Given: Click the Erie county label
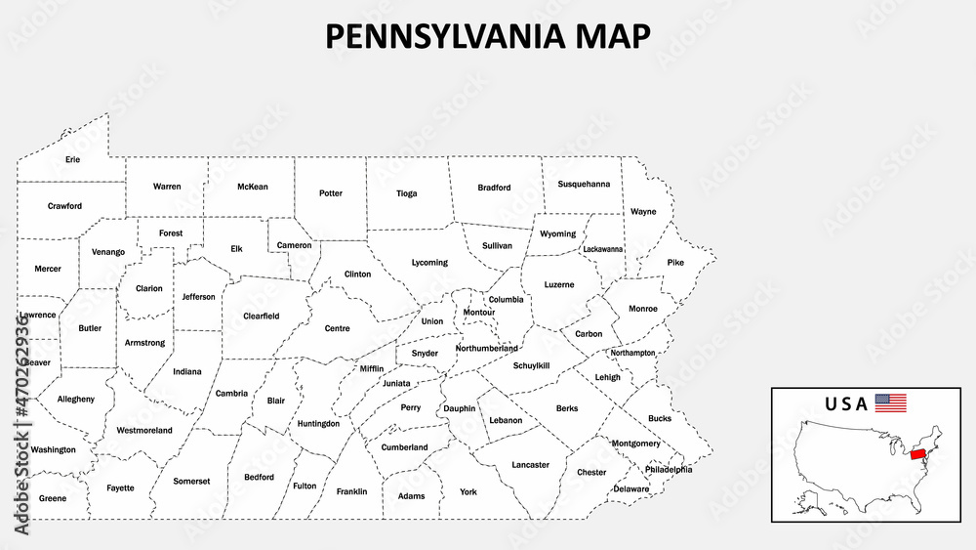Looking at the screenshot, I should point(73,159).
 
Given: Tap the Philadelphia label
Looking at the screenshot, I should point(669,470).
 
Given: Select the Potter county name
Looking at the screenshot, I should point(331,193).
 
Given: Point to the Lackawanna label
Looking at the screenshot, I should point(602,249).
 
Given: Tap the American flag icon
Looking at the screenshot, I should point(890,402).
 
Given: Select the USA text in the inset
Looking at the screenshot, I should point(846,403).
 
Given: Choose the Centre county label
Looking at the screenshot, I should point(337,328).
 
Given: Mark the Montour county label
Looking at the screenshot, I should point(479,313).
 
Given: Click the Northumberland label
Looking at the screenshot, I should point(486,348).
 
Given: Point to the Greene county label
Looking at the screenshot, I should point(53,498).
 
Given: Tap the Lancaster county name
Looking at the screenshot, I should point(530,465).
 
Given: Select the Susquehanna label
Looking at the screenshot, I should point(584,184).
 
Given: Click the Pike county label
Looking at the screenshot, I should point(675,263).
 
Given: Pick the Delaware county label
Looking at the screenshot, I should point(630,488).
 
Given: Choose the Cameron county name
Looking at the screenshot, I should point(294,245).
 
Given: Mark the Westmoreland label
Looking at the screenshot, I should point(144,431).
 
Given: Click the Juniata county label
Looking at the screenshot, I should point(396,383).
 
